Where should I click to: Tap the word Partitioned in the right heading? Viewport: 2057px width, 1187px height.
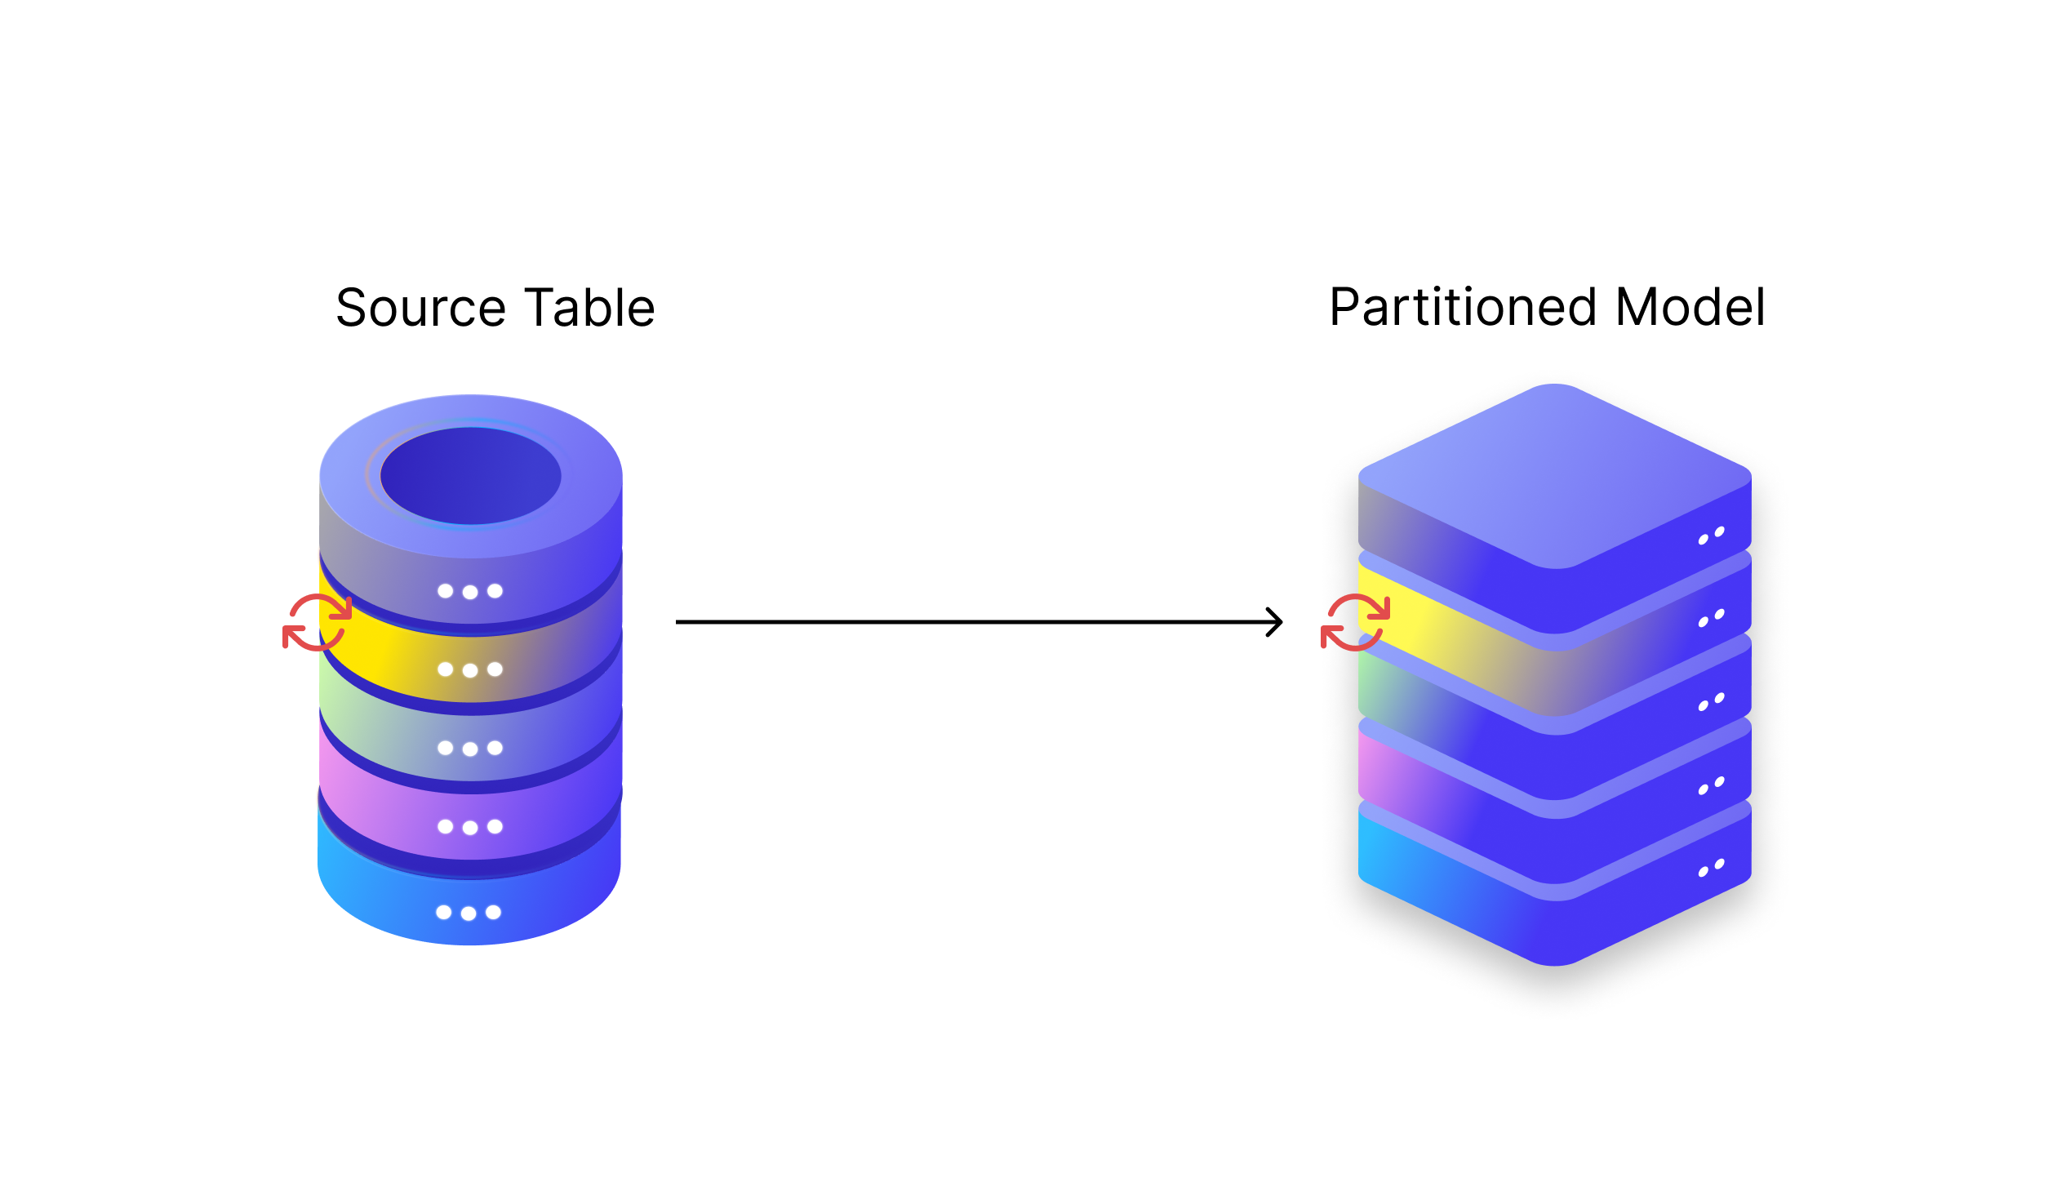pos(1462,308)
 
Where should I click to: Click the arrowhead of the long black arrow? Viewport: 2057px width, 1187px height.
pos(1276,622)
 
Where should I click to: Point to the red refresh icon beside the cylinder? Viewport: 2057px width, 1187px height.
pos(318,623)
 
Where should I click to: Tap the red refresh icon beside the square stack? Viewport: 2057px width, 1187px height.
pos(1355,622)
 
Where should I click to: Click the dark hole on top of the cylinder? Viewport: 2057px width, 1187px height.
pos(470,476)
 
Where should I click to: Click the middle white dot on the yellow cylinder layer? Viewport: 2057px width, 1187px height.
pos(470,671)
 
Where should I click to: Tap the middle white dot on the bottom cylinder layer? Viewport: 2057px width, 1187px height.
pos(469,914)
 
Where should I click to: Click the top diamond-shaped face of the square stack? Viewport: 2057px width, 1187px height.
pos(1555,473)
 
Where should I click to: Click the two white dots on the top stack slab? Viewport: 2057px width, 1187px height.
pos(1711,536)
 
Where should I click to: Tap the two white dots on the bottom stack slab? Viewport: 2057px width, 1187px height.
pos(1711,868)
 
